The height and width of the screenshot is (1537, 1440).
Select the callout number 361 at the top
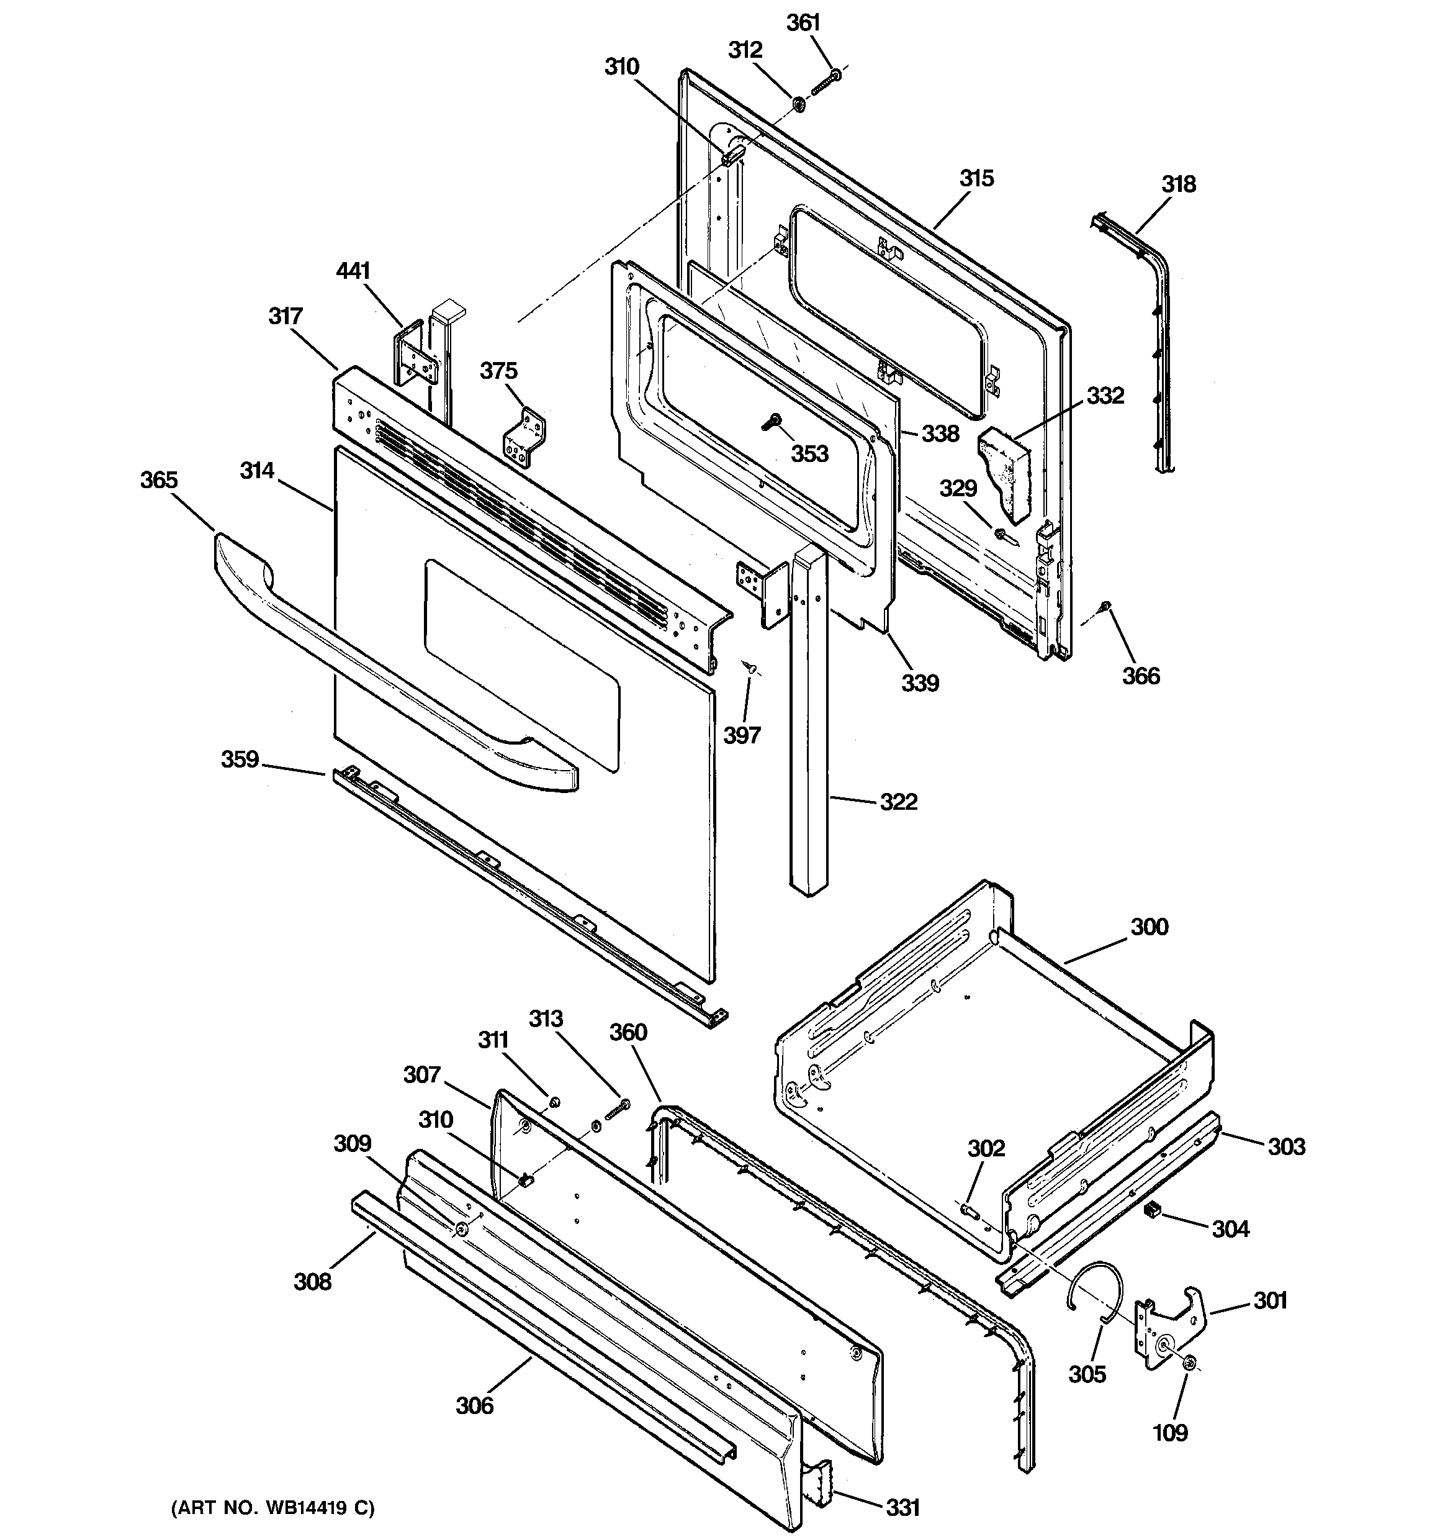pyautogui.click(x=803, y=23)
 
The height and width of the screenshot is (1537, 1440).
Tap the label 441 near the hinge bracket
pyautogui.click(x=353, y=271)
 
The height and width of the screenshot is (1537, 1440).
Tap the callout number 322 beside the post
pyautogui.click(x=899, y=802)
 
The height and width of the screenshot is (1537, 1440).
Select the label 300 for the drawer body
pyautogui.click(x=1150, y=926)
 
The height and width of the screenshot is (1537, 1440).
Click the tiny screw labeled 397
pyautogui.click(x=750, y=666)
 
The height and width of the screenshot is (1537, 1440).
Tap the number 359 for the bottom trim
pyautogui.click(x=240, y=759)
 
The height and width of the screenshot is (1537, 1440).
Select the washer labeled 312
pyautogui.click(x=798, y=103)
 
